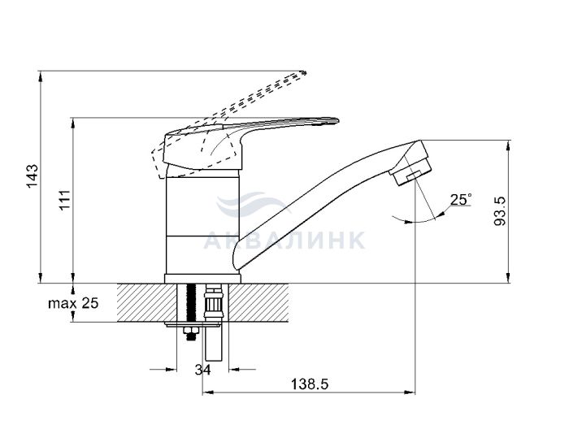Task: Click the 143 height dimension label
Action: (33, 175)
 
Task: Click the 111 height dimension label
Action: (65, 199)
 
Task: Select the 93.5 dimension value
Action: (501, 211)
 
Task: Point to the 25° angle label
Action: (461, 199)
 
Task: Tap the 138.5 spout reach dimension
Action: (310, 384)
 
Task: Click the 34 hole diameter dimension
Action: (202, 370)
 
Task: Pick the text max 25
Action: (73, 303)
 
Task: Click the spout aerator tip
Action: (412, 171)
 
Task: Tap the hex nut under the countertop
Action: (191, 331)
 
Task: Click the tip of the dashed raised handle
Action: (304, 73)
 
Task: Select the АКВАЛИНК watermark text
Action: (284, 240)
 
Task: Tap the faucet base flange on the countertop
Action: (202, 279)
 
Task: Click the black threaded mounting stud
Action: (190, 303)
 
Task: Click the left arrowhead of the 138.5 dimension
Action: (207, 392)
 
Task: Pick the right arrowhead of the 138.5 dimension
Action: (410, 392)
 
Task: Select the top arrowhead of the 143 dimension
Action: (41, 77)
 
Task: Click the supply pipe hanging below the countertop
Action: (213, 344)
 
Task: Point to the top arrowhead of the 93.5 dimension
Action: (508, 145)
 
